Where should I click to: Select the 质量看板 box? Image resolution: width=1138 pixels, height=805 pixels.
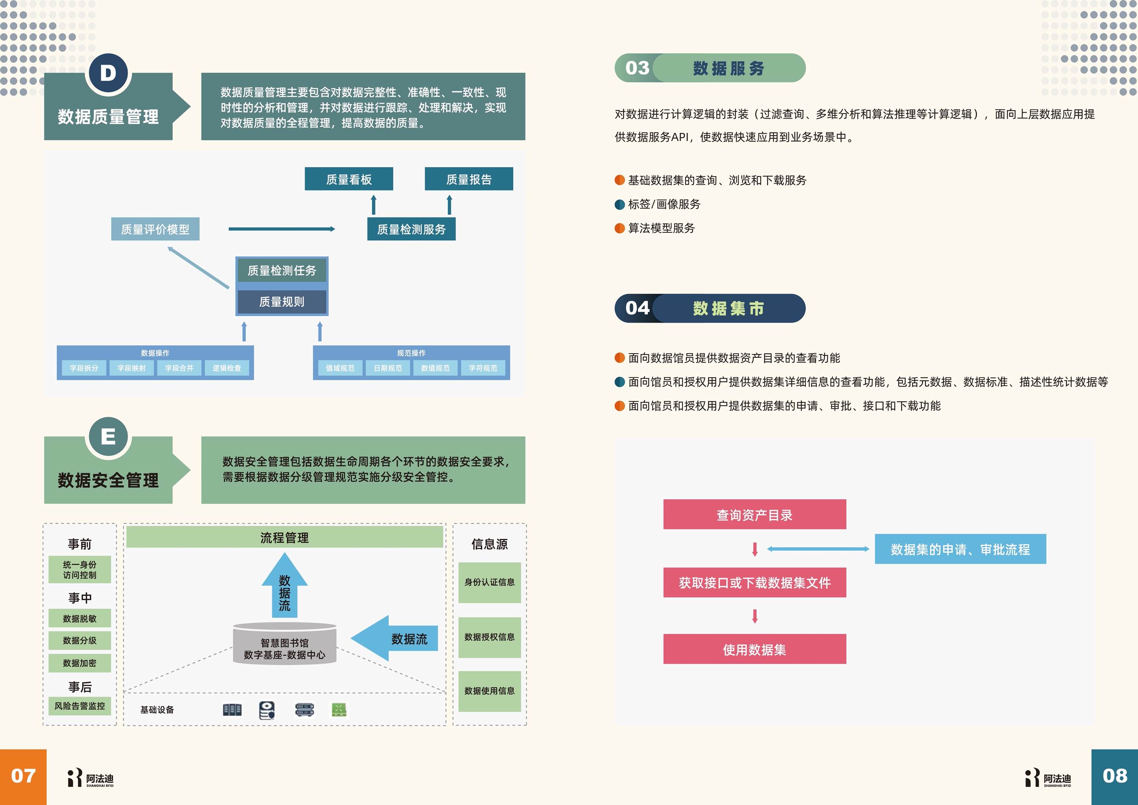[349, 179]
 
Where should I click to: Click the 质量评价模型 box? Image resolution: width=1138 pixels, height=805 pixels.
[155, 229]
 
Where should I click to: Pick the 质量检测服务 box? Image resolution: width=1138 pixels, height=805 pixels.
[411, 229]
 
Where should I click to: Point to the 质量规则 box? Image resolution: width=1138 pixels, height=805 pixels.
[281, 302]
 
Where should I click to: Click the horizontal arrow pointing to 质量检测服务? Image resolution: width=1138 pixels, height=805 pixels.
[281, 229]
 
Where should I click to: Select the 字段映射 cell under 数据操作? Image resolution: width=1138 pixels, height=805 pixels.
[131, 368]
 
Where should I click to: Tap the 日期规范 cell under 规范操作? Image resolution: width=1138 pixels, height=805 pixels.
[388, 368]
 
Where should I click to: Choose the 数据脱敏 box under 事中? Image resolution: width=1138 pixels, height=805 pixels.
[79, 618]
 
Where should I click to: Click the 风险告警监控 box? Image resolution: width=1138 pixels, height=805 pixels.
[79, 706]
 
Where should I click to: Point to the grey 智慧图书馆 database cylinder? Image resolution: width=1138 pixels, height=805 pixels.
[284, 644]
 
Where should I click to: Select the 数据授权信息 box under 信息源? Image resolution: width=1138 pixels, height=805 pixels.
[489, 637]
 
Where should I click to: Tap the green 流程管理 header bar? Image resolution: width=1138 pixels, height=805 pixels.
[284, 538]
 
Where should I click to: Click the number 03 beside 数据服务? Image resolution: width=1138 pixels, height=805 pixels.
[637, 68]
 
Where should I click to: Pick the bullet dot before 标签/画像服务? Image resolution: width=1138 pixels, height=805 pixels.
[620, 204]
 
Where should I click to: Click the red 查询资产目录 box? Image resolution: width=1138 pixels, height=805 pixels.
[754, 514]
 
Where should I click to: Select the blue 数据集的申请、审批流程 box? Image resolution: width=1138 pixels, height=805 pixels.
[960, 549]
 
